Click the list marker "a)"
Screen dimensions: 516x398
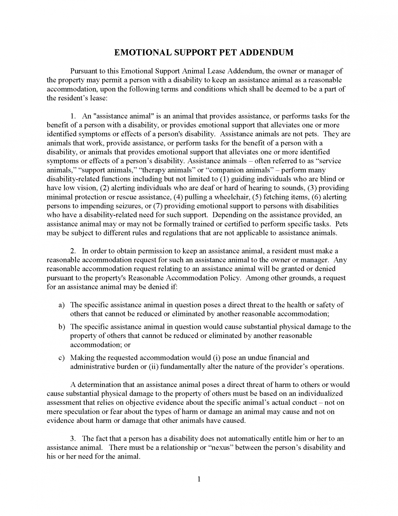click(x=62, y=305)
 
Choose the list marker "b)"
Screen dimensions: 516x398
click(x=62, y=327)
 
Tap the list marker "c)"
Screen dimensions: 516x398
click(x=62, y=358)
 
